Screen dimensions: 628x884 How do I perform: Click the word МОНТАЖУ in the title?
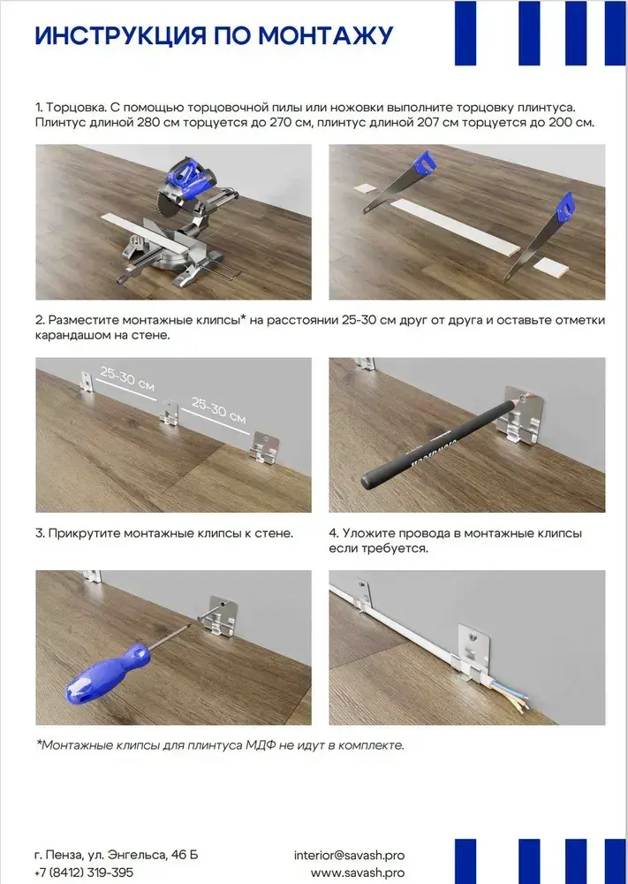pyautogui.click(x=326, y=36)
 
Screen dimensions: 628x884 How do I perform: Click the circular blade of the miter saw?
pyautogui.click(x=169, y=214)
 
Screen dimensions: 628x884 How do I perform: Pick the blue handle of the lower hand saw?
pyautogui.click(x=564, y=206)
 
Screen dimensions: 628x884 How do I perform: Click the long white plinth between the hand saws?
pyautogui.click(x=455, y=227)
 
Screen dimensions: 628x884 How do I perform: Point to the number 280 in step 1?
pyautogui.click(x=148, y=122)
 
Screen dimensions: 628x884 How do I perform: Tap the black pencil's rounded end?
pyautogui.click(x=369, y=480)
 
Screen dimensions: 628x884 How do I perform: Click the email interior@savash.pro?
pyautogui.click(x=349, y=855)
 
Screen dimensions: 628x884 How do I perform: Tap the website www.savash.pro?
pyautogui.click(x=358, y=873)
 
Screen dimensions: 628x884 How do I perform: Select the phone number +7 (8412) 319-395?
pyautogui.click(x=84, y=873)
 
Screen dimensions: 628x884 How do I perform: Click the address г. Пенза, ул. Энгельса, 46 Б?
pyautogui.click(x=116, y=855)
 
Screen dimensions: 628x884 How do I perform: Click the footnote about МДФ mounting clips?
pyautogui.click(x=220, y=745)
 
